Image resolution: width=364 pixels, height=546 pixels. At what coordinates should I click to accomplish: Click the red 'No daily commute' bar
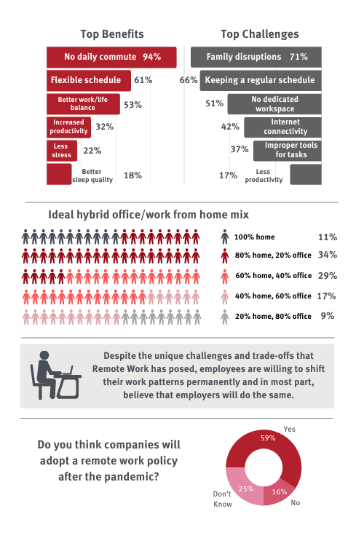[111, 57]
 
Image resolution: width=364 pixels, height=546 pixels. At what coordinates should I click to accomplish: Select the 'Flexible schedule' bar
[89, 80]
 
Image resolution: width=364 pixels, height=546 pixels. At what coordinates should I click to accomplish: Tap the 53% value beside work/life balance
[132, 105]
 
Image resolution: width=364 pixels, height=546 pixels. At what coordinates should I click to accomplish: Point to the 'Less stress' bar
[62, 151]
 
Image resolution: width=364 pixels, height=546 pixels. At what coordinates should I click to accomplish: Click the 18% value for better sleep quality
[132, 175]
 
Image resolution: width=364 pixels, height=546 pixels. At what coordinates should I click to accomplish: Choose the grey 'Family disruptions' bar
[256, 57]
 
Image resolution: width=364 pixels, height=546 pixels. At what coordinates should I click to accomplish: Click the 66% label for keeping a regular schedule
[189, 80]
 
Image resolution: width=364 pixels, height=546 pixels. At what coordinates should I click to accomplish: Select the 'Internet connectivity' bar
[282, 127]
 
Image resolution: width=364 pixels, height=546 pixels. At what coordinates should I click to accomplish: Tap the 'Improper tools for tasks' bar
[288, 151]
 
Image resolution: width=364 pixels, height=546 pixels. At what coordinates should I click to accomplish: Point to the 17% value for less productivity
[228, 175]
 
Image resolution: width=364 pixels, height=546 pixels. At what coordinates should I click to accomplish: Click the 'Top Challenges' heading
[260, 34]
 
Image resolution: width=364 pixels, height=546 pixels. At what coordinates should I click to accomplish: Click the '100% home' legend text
[255, 237]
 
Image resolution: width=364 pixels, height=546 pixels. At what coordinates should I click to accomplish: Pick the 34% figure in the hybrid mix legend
[328, 255]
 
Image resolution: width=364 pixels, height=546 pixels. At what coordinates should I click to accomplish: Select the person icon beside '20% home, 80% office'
[225, 317]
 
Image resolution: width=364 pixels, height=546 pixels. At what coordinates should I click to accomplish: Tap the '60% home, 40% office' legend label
[274, 276]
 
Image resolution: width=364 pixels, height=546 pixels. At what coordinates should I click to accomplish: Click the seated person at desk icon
[56, 375]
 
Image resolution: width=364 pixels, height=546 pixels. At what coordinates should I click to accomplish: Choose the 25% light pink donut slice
[242, 488]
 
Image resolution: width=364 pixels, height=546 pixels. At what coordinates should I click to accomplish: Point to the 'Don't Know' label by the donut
[222, 499]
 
